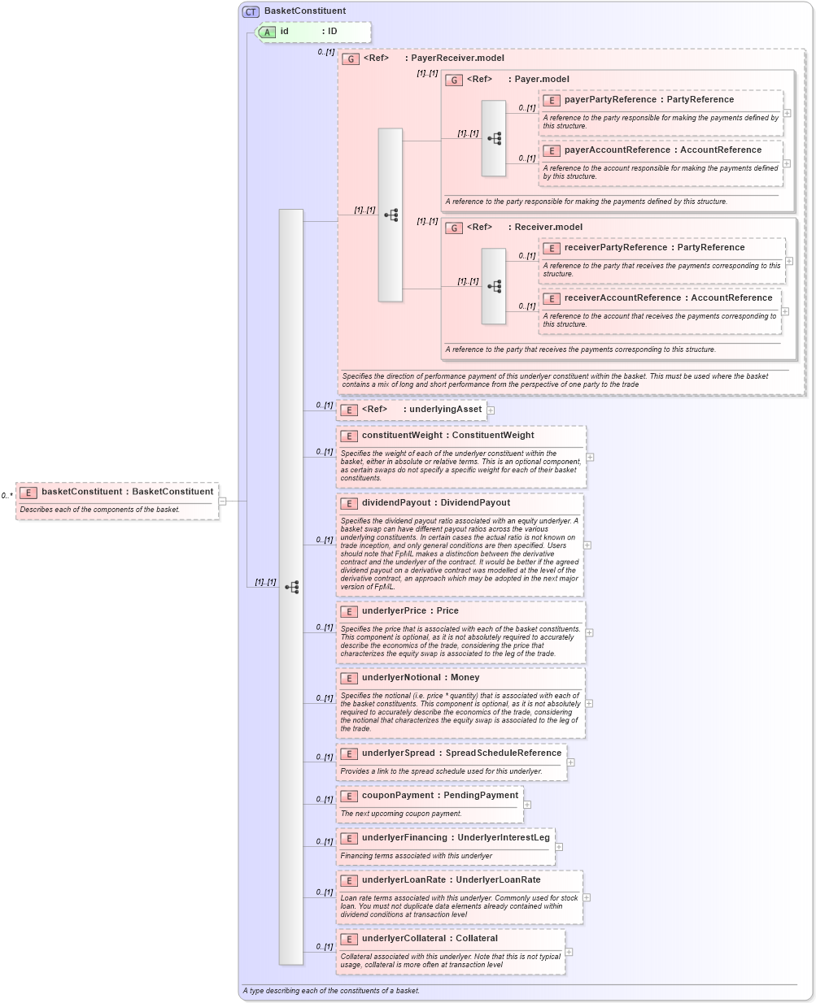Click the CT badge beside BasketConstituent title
251,11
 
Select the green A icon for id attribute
268,32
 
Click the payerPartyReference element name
610,100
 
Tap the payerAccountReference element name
617,150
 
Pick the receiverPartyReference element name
616,248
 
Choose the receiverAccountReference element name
622,298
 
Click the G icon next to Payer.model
454,80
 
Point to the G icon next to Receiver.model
454,228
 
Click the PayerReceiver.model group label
457,59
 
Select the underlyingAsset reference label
445,410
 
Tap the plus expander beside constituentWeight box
590,457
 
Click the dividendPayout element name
395,503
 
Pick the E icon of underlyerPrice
349,611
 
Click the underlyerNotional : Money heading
421,678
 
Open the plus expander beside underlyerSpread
571,762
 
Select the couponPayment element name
398,796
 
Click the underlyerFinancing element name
404,838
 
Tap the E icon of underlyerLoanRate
349,880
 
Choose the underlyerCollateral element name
404,939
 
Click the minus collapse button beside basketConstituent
222,501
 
